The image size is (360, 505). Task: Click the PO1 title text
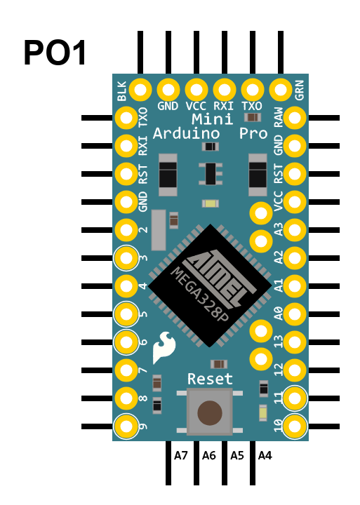[x=55, y=53]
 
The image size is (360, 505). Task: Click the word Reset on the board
[x=210, y=379]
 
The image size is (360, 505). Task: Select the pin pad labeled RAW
[x=295, y=118]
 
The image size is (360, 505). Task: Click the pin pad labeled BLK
[x=140, y=90]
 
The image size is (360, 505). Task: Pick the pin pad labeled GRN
[x=281, y=90]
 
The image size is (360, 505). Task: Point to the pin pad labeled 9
[x=126, y=426]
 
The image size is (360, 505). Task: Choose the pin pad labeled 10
[x=295, y=426]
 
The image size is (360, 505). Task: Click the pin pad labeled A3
[x=295, y=230]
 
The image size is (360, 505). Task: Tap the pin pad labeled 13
[x=295, y=342]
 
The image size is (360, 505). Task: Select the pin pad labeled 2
[x=126, y=230]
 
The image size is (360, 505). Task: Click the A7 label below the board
[x=181, y=455]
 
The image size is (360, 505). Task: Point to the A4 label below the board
[x=265, y=455]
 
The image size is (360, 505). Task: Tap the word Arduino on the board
[x=186, y=133]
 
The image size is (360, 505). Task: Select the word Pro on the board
[x=253, y=133]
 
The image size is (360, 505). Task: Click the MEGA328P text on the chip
[x=200, y=295]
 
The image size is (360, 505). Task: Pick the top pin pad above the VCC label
[x=196, y=90]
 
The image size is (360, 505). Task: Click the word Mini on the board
[x=212, y=119]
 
